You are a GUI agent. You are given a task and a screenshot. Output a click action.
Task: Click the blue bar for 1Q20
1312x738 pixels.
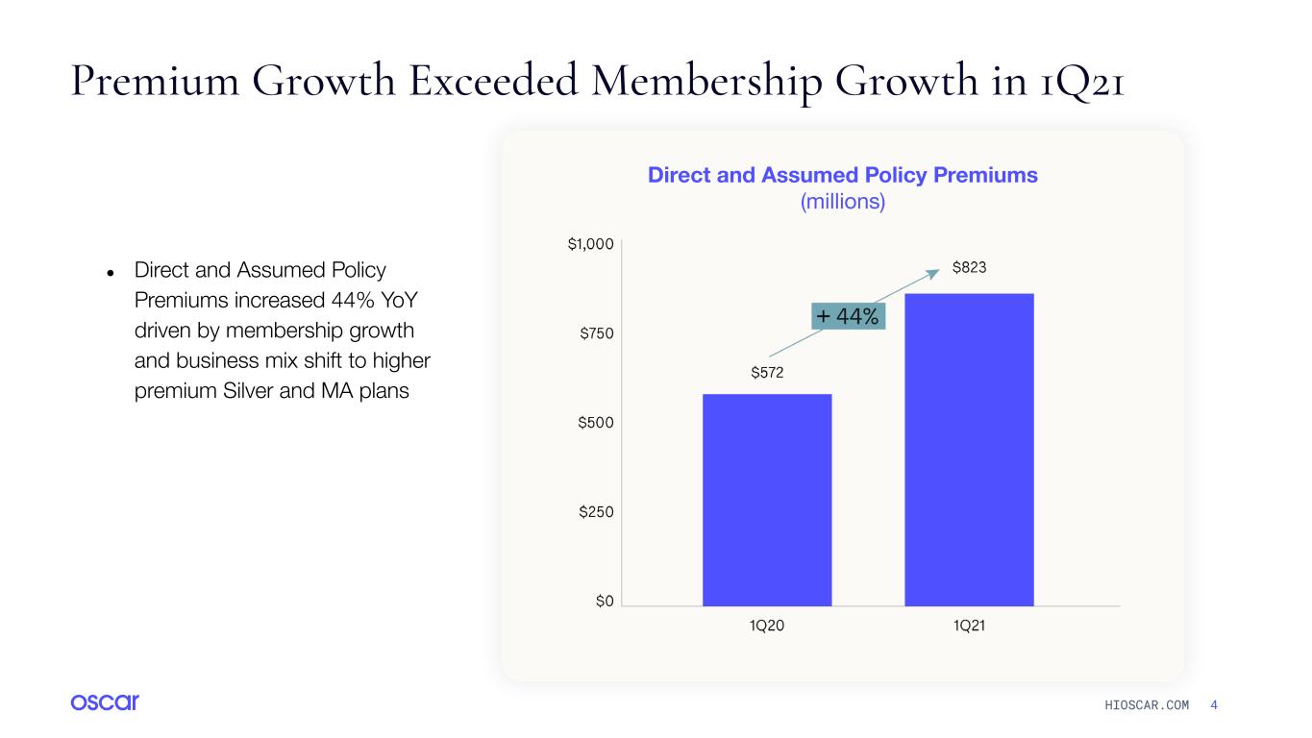[767, 500]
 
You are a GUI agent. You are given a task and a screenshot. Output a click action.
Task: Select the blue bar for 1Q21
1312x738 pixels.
[969, 450]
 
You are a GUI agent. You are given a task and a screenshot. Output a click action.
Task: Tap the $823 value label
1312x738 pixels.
[969, 268]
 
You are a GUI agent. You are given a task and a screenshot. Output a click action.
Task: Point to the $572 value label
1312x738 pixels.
[767, 373]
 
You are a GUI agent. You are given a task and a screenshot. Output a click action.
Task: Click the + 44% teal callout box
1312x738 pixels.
[848, 316]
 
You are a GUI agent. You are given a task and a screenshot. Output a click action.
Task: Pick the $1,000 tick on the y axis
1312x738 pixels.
[590, 244]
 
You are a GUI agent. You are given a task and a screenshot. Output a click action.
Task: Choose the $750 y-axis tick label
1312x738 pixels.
[596, 333]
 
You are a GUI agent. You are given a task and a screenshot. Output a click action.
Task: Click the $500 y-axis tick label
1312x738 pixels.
[595, 422]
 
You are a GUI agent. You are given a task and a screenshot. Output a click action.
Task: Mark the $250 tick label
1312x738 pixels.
[596, 512]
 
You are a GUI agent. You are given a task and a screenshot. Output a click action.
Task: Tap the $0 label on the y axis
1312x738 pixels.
[605, 601]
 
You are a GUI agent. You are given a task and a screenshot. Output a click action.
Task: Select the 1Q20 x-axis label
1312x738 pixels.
[767, 626]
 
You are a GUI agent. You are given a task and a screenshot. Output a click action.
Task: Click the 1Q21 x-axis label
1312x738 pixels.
[969, 626]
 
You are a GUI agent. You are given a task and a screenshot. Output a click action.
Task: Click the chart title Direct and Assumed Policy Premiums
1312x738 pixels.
[842, 175]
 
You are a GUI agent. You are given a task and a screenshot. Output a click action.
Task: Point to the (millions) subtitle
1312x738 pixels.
[842, 202]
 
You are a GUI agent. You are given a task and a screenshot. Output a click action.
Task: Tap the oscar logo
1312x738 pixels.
[105, 701]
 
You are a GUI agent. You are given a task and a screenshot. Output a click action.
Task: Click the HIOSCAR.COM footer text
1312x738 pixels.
[1147, 705]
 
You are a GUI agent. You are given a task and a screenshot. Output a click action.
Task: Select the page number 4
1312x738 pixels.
[1214, 705]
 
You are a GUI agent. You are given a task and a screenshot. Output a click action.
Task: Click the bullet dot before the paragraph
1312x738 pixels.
[111, 273]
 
